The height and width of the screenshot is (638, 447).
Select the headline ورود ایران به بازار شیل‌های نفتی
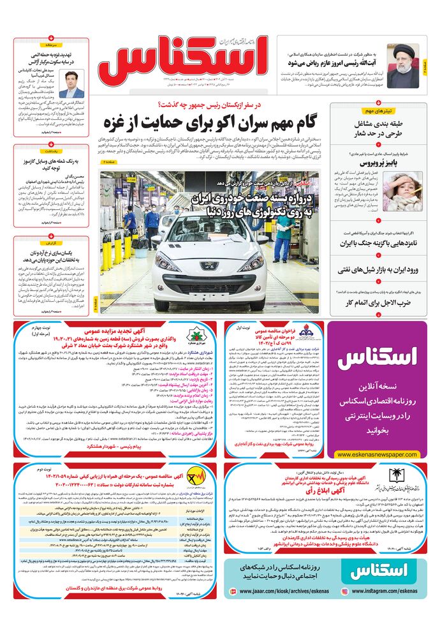click(x=379, y=270)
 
